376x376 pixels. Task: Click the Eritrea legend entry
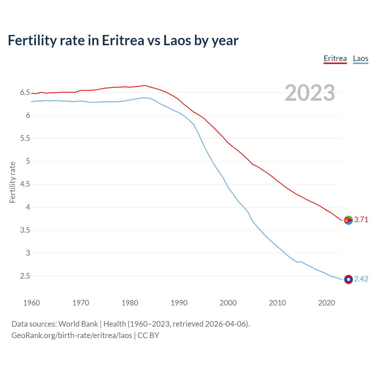click(335, 58)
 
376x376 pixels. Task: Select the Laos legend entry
click(360, 58)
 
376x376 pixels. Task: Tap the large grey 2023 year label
click(310, 93)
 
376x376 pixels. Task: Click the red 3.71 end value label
click(361, 220)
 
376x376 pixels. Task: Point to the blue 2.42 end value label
click(361, 279)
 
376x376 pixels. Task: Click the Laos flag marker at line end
click(348, 279)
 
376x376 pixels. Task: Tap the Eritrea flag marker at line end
click(348, 220)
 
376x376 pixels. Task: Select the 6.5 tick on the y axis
click(25, 93)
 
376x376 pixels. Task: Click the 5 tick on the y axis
click(28, 161)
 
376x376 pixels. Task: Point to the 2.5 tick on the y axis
click(25, 276)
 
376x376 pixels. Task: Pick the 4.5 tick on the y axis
click(25, 184)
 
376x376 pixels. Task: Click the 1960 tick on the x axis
click(31, 303)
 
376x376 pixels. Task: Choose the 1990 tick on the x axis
click(179, 303)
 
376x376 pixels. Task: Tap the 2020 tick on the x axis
click(326, 303)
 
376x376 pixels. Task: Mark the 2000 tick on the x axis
click(228, 303)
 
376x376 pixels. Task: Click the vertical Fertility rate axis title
click(12, 182)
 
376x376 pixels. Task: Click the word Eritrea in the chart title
click(123, 40)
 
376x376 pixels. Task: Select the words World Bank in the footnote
click(78, 324)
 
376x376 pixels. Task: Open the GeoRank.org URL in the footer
click(72, 335)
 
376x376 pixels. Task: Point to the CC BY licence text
click(148, 335)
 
